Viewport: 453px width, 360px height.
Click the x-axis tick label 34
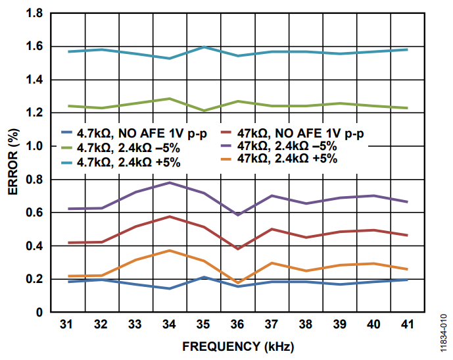coord(170,324)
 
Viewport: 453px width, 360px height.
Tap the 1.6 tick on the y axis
coord(34,47)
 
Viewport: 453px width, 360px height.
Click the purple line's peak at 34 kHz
coord(170,182)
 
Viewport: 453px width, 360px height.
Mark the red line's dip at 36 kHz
coord(238,249)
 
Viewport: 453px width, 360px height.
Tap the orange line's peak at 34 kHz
coord(170,251)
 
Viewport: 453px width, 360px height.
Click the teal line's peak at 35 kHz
coord(204,47)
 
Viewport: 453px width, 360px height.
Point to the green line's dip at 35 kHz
coord(204,111)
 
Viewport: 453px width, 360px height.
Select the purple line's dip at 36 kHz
coord(238,215)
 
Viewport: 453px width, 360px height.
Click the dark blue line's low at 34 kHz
coord(170,288)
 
